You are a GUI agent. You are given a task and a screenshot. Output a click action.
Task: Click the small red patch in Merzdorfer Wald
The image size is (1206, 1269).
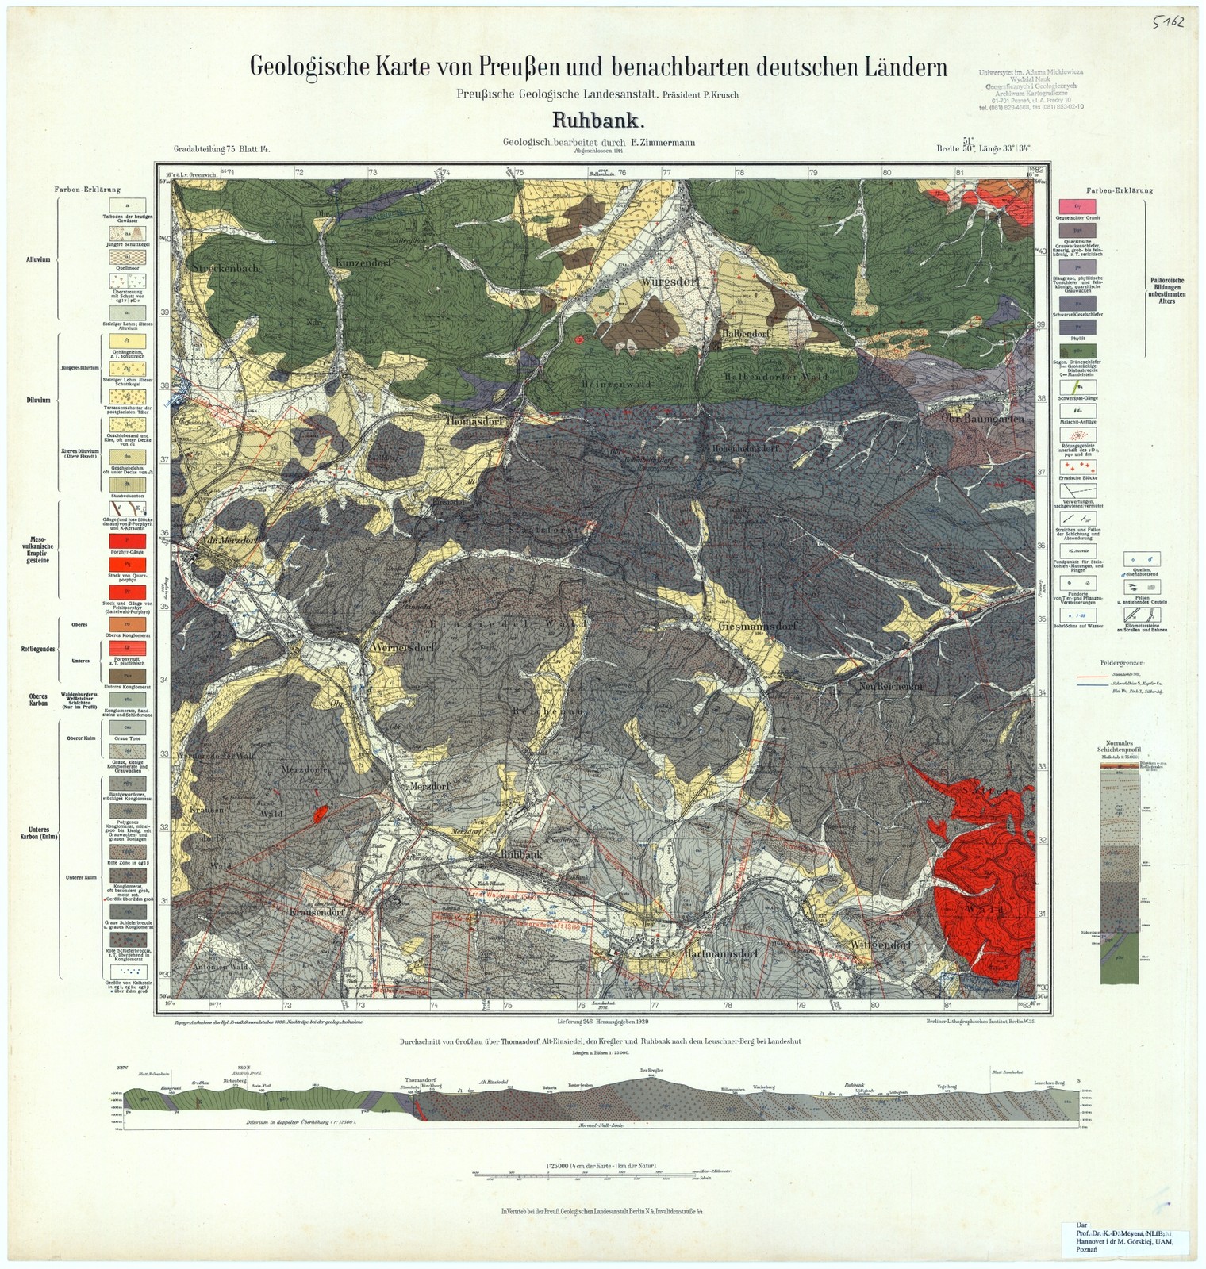(x=321, y=812)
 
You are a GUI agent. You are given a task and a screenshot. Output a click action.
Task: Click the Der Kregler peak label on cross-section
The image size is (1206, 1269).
(x=650, y=1070)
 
